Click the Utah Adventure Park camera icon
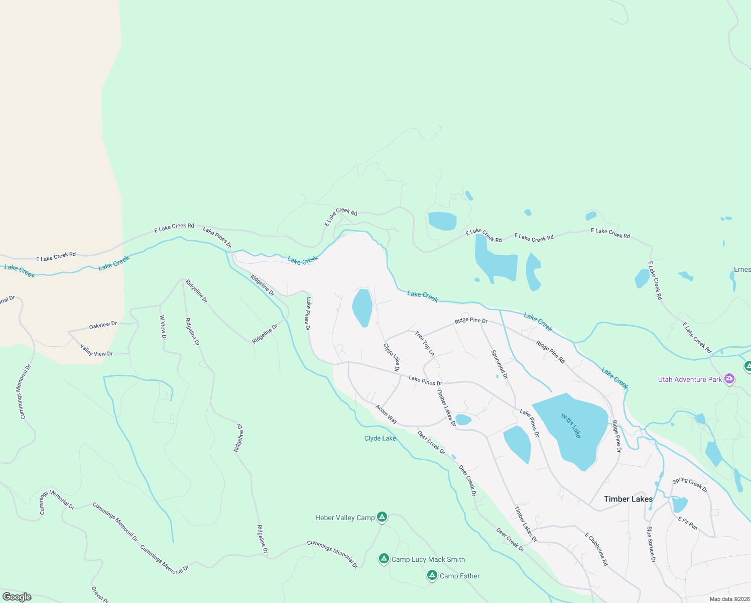point(729,379)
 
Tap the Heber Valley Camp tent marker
point(382,517)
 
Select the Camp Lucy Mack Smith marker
point(384,559)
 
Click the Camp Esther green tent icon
point(432,575)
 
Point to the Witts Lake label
point(571,426)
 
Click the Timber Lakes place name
point(628,499)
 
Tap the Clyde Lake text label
point(380,438)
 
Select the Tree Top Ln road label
point(425,343)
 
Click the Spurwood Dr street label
point(499,365)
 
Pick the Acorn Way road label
point(387,415)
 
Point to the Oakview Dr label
point(103,325)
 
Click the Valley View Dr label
point(96,350)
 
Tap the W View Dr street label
point(163,328)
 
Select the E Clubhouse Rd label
point(596,549)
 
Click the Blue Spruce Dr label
point(651,544)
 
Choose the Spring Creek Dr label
point(690,485)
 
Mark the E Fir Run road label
point(688,523)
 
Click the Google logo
point(17,597)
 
